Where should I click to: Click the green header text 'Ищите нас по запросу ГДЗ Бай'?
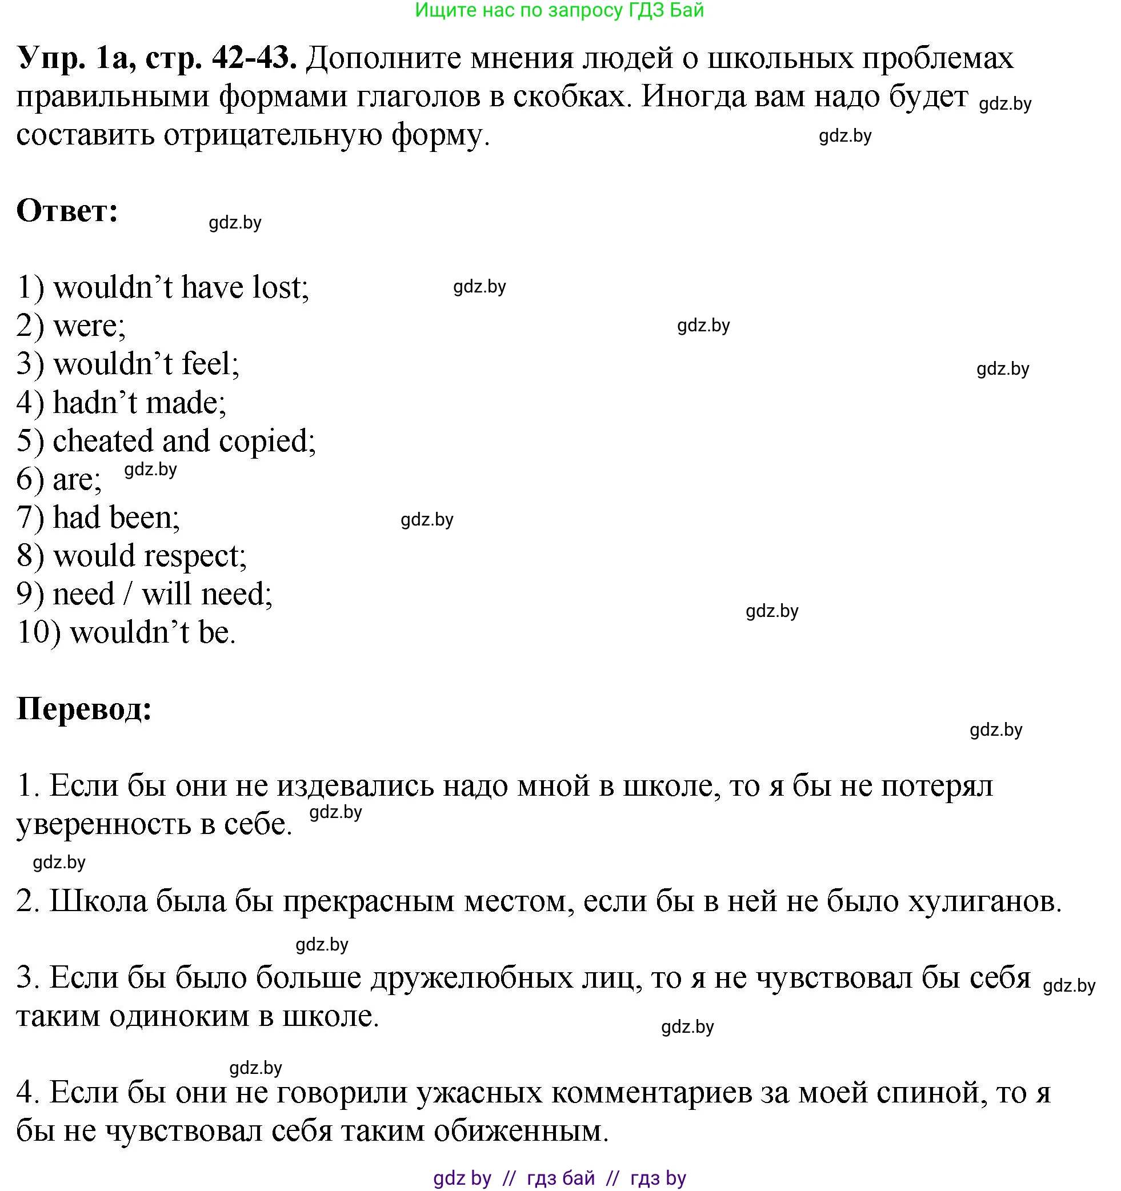click(x=559, y=10)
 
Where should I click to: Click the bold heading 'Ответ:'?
click(x=67, y=211)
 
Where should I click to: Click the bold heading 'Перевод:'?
click(x=84, y=709)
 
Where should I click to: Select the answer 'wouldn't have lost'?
click(x=181, y=287)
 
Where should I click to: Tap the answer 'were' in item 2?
click(x=88, y=326)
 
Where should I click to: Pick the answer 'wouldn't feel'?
click(x=146, y=364)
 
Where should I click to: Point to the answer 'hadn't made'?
click(x=139, y=403)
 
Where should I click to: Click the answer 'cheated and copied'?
click(x=183, y=441)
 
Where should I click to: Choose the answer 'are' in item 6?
click(x=77, y=480)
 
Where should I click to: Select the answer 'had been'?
click(x=115, y=518)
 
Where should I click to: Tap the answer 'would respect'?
click(x=149, y=556)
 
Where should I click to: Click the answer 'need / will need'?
click(x=162, y=594)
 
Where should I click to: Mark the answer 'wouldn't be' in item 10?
click(x=152, y=633)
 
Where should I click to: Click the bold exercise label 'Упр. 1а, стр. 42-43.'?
click(x=157, y=58)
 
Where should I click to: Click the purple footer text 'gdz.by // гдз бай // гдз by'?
click(x=559, y=1178)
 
